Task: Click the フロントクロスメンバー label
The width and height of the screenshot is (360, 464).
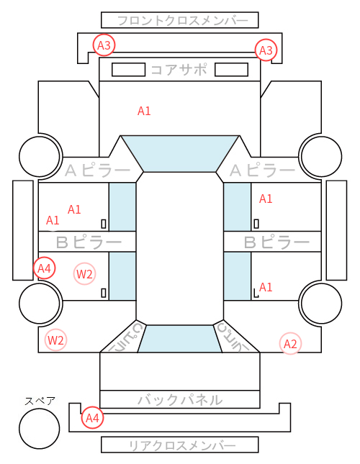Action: [x=183, y=21]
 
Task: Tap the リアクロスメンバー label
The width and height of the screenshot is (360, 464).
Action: [x=182, y=445]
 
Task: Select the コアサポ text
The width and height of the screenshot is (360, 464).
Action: [x=179, y=70]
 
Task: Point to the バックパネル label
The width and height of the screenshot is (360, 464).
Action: [x=180, y=400]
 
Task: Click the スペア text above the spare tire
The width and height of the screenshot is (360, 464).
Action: [x=40, y=401]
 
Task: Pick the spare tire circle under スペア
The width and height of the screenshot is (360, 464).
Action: [x=40, y=428]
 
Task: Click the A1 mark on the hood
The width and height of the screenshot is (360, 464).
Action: [x=144, y=111]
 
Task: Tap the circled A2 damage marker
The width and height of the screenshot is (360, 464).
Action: [x=290, y=344]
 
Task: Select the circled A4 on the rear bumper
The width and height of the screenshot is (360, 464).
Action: [x=92, y=418]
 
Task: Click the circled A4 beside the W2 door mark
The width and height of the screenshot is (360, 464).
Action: [x=45, y=268]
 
